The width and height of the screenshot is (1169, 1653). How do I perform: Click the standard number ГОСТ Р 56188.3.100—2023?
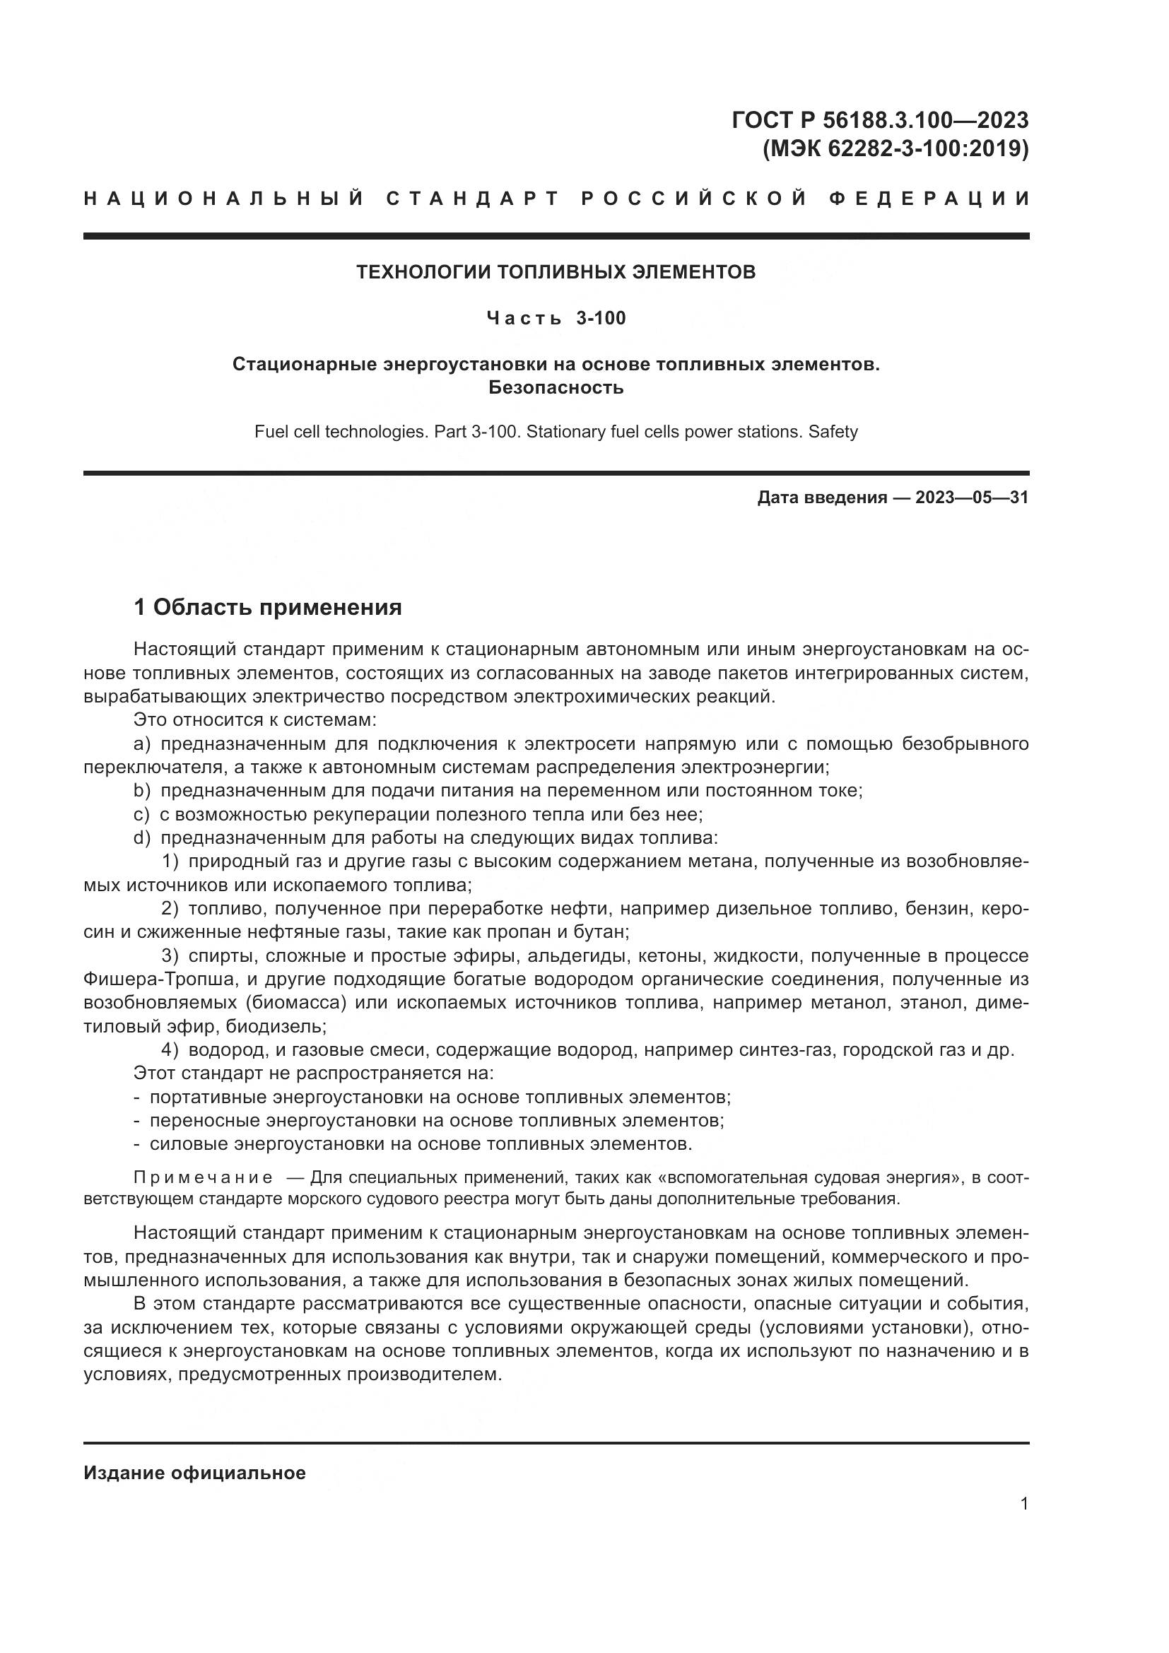click(880, 119)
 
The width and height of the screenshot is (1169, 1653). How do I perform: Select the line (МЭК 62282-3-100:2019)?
click(895, 148)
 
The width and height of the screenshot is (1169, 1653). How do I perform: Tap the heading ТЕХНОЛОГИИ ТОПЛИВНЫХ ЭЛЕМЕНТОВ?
click(556, 272)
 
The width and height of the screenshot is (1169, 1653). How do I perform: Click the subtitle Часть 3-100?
click(556, 318)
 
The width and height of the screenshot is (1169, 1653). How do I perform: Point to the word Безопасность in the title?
click(556, 387)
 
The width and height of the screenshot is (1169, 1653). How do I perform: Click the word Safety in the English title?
click(833, 432)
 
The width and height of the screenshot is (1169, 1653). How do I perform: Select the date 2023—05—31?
click(972, 498)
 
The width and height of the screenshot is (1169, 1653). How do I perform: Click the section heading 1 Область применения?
click(268, 608)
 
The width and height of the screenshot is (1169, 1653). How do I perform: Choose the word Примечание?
click(203, 1178)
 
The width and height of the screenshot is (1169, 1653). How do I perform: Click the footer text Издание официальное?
click(194, 1473)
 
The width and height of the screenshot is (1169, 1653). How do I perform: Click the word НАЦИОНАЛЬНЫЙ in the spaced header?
click(224, 199)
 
